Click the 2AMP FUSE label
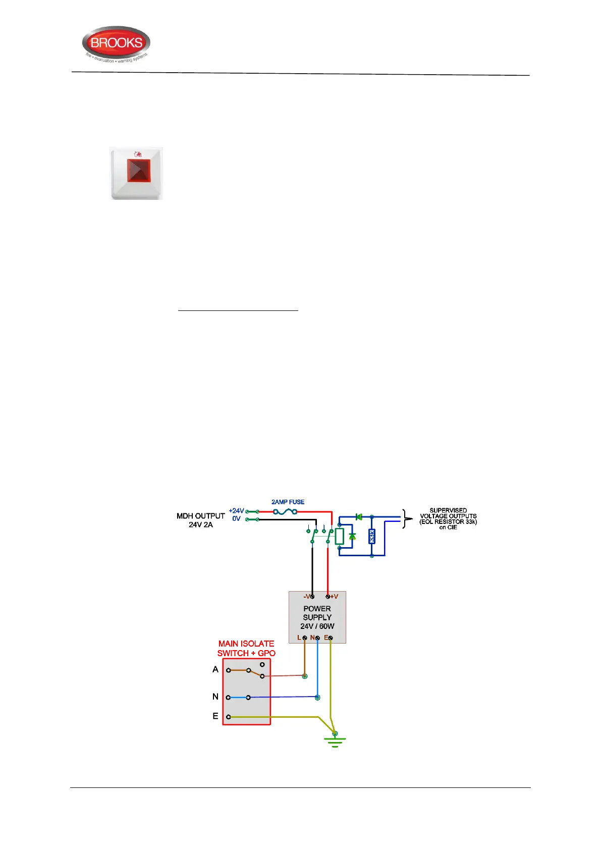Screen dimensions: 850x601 tap(288, 502)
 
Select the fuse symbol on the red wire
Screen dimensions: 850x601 tap(285, 511)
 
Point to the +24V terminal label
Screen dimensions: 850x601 tap(236, 511)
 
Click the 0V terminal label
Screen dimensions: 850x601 tap(236, 519)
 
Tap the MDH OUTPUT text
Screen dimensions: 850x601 tap(200, 516)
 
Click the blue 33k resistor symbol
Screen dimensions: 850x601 tap(372, 536)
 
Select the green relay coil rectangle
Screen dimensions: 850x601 tap(340, 536)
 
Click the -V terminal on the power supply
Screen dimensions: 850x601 tap(312, 597)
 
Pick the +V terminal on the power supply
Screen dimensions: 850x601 tap(328, 597)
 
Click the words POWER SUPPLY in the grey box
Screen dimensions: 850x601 tap(317, 613)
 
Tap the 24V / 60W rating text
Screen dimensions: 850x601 tap(317, 626)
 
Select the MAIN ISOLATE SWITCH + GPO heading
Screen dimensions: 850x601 tap(246, 648)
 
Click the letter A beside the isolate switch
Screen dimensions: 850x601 tap(215, 669)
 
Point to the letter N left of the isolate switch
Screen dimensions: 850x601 tap(215, 697)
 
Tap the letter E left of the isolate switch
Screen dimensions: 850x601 tap(215, 716)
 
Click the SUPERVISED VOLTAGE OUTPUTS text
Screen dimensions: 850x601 tap(448, 513)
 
